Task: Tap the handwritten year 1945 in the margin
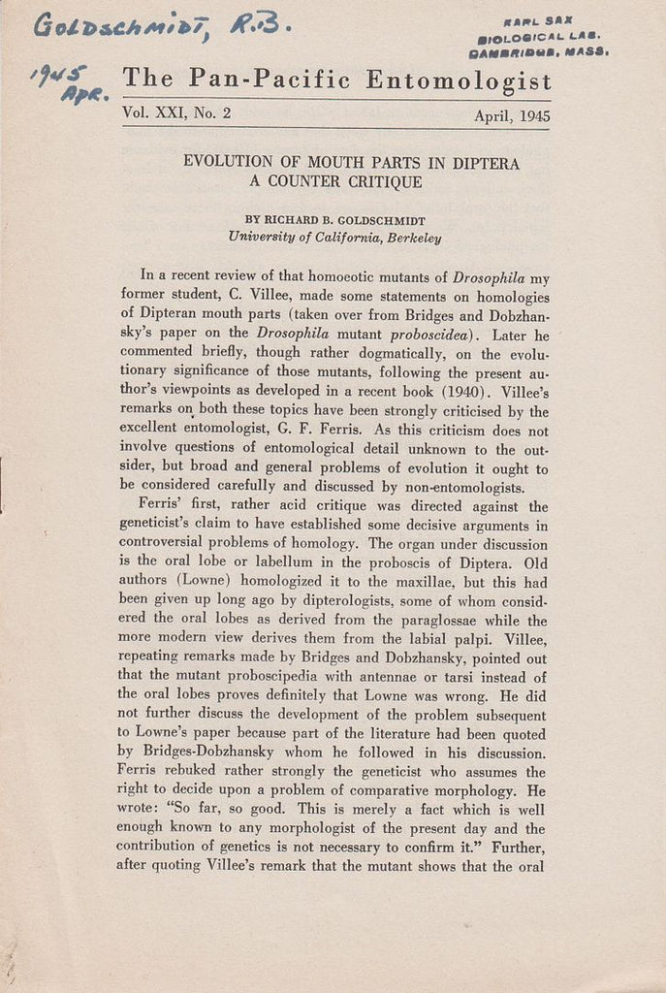(x=59, y=75)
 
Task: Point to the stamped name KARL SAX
(x=553, y=20)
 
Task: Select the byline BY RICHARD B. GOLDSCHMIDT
(x=335, y=219)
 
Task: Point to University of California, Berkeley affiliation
(x=334, y=236)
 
